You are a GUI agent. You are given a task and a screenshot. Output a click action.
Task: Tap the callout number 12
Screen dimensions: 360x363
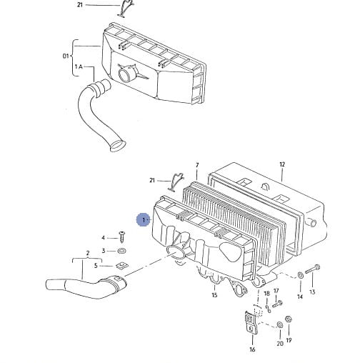(x=282, y=164)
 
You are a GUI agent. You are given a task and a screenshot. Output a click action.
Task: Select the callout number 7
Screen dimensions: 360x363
(x=197, y=165)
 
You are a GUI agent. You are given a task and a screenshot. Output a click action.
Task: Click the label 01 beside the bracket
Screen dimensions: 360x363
(x=66, y=56)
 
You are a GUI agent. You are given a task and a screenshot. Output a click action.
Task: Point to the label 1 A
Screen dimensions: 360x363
(x=79, y=66)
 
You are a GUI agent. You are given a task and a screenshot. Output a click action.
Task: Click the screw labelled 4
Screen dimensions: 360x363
(x=122, y=237)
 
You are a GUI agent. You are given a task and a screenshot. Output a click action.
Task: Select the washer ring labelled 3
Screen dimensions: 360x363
(x=122, y=251)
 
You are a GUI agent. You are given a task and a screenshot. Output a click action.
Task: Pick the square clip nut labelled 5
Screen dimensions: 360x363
(x=122, y=265)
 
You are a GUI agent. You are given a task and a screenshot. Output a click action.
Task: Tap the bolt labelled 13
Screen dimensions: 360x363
(x=312, y=269)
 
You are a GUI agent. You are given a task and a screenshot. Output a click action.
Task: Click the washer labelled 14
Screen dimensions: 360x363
(x=300, y=275)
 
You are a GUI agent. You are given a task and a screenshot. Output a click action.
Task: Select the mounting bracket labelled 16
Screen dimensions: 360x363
(x=251, y=322)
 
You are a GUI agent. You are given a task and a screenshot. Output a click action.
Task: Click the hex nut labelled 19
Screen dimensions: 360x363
(x=289, y=319)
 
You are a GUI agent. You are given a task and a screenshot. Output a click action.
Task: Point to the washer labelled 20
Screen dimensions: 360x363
(x=279, y=325)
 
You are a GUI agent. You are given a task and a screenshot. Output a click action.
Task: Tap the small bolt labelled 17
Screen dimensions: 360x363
(x=277, y=304)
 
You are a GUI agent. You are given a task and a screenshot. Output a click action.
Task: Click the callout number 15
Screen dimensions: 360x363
(x=214, y=295)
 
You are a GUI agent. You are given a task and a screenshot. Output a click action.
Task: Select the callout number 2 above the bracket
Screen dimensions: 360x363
(x=88, y=253)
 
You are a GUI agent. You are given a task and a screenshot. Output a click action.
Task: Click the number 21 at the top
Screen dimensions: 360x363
(x=80, y=4)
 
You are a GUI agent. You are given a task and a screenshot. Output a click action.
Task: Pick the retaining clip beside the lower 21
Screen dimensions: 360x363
(x=176, y=181)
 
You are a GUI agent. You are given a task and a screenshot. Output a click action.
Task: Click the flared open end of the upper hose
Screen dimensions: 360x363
(x=118, y=146)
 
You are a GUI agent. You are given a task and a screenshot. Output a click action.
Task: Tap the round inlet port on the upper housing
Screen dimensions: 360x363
(x=126, y=74)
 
